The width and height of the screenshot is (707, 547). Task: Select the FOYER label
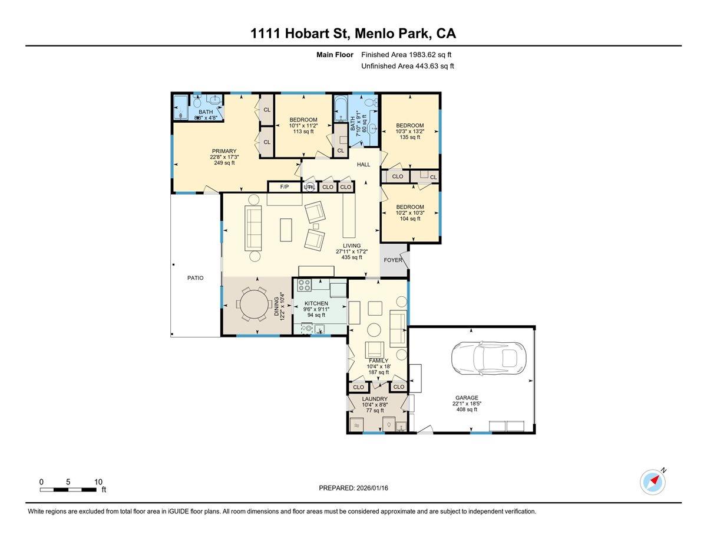[x=393, y=260]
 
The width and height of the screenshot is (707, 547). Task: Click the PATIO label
[x=196, y=278]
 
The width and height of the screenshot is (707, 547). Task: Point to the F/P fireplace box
[x=284, y=187]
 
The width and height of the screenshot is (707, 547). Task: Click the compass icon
[x=653, y=482]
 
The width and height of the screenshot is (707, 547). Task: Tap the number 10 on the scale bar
[x=98, y=482]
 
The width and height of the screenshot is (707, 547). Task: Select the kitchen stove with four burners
[x=305, y=286]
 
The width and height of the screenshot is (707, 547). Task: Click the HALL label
[x=364, y=165]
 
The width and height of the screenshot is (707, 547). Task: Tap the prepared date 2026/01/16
[x=372, y=488]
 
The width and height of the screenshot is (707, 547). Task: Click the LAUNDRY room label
[x=375, y=399]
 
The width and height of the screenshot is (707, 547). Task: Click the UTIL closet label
[x=309, y=187]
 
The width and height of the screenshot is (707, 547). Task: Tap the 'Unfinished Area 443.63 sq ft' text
[x=407, y=67]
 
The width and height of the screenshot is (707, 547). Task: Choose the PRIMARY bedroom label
[x=224, y=151]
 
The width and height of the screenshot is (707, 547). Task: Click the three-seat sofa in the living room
[x=254, y=229]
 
